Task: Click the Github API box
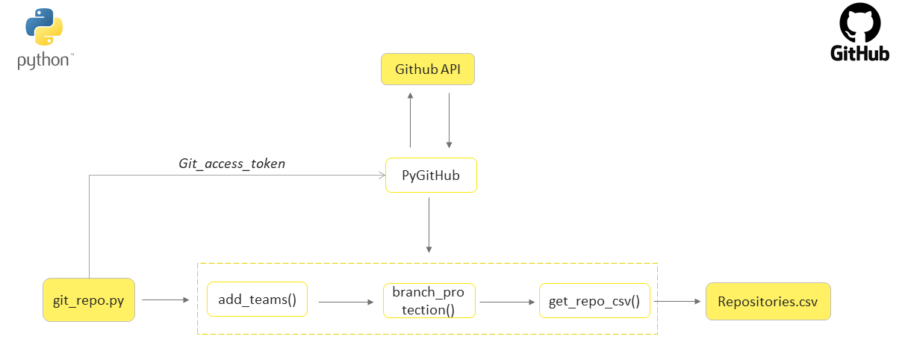[x=428, y=69]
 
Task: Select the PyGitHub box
[x=431, y=176]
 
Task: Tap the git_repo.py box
[x=89, y=300]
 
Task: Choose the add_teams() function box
[x=258, y=300]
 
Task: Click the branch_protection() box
[x=429, y=300]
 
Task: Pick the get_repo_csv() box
[x=594, y=301]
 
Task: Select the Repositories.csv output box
[x=768, y=302]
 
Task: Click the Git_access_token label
[x=231, y=164]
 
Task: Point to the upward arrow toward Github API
[x=410, y=120]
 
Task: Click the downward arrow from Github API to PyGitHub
[x=449, y=120]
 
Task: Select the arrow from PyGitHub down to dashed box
[x=429, y=224]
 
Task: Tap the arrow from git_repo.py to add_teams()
[x=165, y=300]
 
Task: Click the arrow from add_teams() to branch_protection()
[x=346, y=302]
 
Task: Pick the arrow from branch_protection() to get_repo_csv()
[x=508, y=302]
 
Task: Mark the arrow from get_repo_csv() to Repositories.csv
[x=678, y=302]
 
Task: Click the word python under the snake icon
[x=43, y=61]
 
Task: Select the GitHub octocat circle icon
[x=860, y=24]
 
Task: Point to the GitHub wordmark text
[x=860, y=54]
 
